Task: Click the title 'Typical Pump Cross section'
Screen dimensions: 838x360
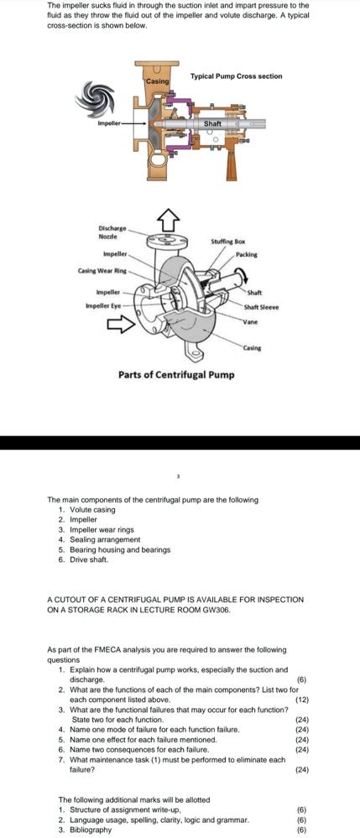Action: tap(236, 76)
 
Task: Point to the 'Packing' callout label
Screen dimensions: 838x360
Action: tap(246, 253)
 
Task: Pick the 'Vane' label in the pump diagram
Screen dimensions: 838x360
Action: tap(251, 322)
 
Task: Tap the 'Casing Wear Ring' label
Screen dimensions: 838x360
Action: tap(103, 271)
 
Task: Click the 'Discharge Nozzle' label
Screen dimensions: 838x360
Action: tap(112, 232)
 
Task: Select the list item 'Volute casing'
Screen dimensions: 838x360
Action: tap(92, 509)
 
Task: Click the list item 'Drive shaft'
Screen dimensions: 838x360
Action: tap(90, 560)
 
